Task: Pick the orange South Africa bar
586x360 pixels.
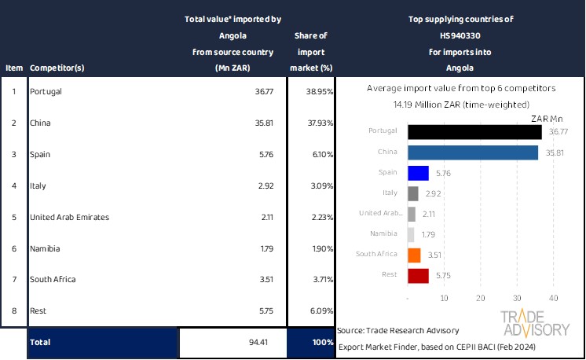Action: tap(415, 255)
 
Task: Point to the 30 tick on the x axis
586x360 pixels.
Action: tap(517, 298)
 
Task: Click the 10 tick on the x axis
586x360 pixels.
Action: tap(445, 298)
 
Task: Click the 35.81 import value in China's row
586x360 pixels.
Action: tap(259, 123)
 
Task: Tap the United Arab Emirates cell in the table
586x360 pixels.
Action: tap(69, 217)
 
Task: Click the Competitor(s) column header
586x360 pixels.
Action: tap(57, 68)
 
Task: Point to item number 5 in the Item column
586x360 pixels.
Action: tap(13, 217)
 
